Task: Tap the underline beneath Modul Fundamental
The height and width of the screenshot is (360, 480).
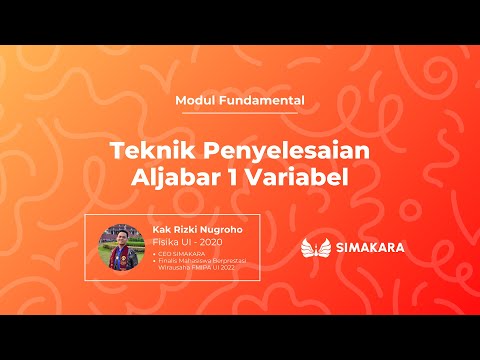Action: pyautogui.click(x=240, y=113)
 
